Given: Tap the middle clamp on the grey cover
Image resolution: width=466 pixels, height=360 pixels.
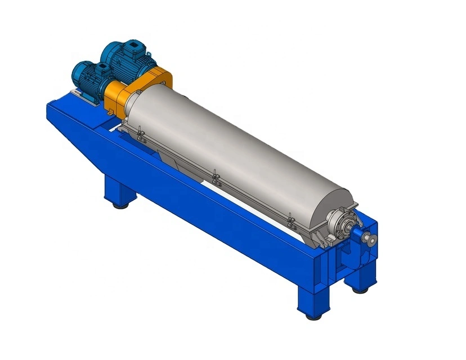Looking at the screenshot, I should (215, 178).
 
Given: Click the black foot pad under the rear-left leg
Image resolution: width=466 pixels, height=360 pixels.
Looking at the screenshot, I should (120, 205).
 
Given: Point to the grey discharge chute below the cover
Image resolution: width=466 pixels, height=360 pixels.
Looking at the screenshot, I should (186, 169).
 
